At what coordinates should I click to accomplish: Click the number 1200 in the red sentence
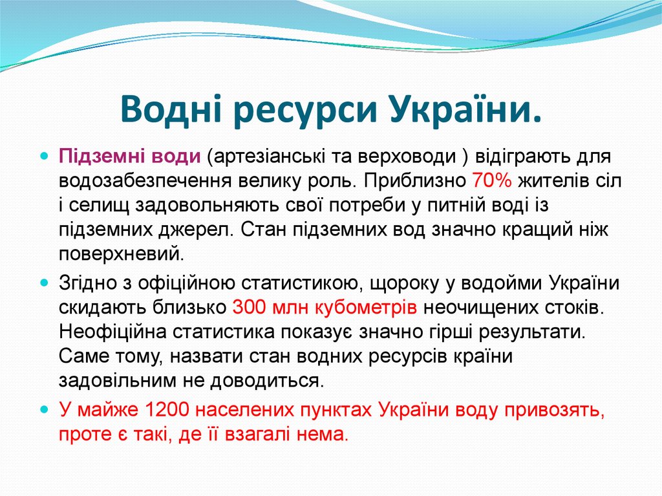click(x=170, y=410)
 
